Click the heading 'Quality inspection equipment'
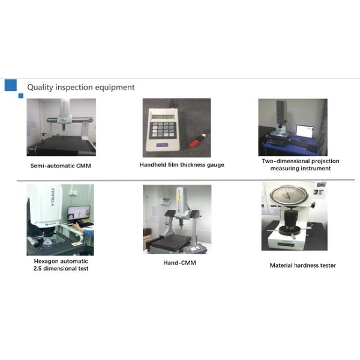click(x=81, y=87)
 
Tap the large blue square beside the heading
click(x=11, y=85)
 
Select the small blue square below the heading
click(x=21, y=96)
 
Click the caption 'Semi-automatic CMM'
click(x=61, y=166)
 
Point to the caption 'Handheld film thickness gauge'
click(x=182, y=165)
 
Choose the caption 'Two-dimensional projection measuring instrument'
click(x=301, y=164)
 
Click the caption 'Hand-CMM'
click(x=179, y=263)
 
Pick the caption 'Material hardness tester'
click(x=302, y=265)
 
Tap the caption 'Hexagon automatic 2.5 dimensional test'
click(x=61, y=265)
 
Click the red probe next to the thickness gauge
click(x=197, y=141)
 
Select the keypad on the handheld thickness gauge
click(x=163, y=130)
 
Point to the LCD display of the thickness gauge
click(x=163, y=116)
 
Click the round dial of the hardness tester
click(x=289, y=195)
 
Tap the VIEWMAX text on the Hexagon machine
click(x=53, y=197)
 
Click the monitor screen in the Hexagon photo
click(x=78, y=213)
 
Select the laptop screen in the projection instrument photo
click(x=305, y=131)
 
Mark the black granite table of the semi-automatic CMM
click(x=62, y=145)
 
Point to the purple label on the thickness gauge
click(x=162, y=145)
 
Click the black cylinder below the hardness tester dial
click(x=291, y=220)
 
